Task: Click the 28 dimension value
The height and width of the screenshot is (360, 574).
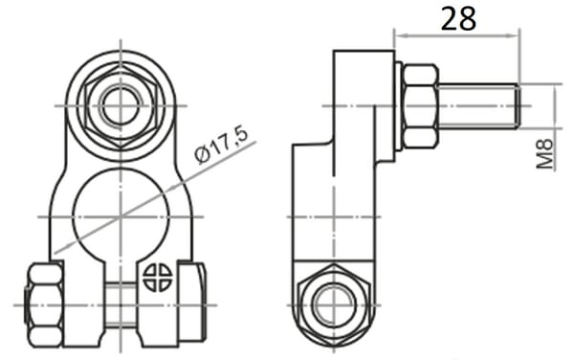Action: tap(458, 19)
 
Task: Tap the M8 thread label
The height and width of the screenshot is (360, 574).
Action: tap(545, 153)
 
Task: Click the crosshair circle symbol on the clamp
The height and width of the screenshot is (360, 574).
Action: tap(157, 278)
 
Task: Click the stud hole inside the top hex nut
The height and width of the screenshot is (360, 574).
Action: tap(121, 106)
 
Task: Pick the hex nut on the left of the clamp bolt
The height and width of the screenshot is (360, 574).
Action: tap(45, 305)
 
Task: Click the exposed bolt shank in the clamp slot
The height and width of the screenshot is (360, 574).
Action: tap(121, 304)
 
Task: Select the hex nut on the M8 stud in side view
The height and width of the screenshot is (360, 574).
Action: tap(420, 106)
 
